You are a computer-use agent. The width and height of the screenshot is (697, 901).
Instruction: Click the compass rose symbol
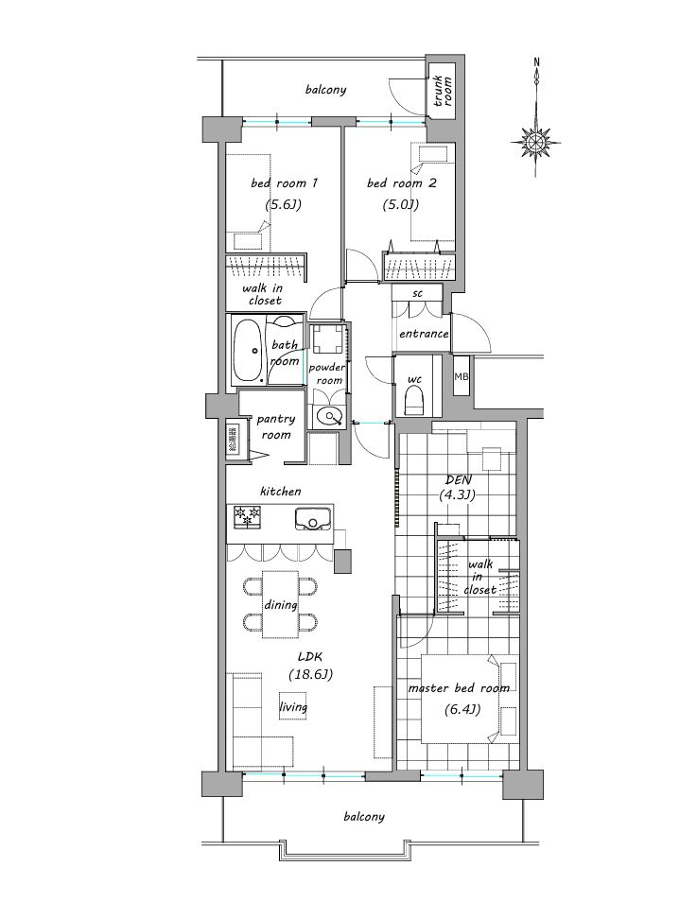pyautogui.click(x=535, y=141)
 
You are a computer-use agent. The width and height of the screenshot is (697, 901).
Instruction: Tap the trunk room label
pyautogui.click(x=443, y=91)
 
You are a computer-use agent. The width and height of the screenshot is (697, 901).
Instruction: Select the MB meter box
pyautogui.click(x=462, y=376)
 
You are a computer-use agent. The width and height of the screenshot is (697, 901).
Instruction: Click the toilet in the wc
pyautogui.click(x=414, y=399)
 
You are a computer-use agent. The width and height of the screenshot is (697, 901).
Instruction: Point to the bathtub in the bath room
pyautogui.click(x=248, y=352)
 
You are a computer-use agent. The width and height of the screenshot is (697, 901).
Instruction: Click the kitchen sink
pyautogui.click(x=313, y=519)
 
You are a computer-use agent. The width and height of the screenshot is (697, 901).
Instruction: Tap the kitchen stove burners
pyautogui.click(x=247, y=516)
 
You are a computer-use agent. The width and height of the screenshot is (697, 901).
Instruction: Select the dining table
pyautogui.click(x=281, y=604)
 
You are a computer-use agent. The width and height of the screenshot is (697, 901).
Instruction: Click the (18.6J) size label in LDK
pyautogui.click(x=310, y=675)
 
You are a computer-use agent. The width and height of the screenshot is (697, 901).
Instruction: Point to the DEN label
pyautogui.click(x=459, y=479)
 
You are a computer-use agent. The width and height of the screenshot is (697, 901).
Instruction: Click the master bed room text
pyautogui.click(x=459, y=688)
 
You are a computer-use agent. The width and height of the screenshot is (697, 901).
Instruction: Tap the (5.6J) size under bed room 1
pyautogui.click(x=283, y=204)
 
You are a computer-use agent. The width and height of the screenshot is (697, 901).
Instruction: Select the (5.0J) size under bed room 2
pyautogui.click(x=400, y=204)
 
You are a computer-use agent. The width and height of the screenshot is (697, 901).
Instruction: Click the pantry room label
pyautogui.click(x=276, y=426)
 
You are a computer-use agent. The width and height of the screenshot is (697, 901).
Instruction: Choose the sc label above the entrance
pyautogui.click(x=418, y=293)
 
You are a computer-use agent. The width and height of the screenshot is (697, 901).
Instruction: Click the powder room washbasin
pyautogui.click(x=328, y=416)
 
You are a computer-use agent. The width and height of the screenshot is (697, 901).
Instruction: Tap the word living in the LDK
pyautogui.click(x=293, y=707)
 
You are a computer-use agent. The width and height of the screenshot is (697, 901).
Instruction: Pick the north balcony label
pyautogui.click(x=326, y=90)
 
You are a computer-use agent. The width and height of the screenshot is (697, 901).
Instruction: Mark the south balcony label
pyautogui.click(x=364, y=817)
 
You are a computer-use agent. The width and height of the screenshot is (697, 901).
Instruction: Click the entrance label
pyautogui.click(x=424, y=334)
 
